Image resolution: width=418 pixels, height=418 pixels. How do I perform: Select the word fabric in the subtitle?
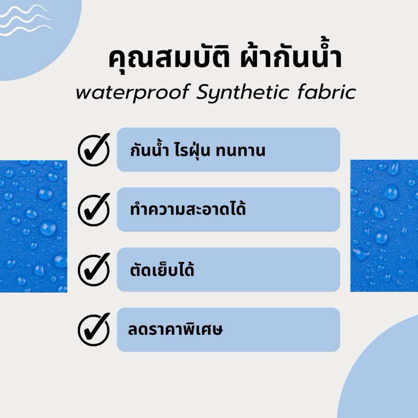tap(327, 92)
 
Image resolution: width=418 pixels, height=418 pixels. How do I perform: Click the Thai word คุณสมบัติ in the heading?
tap(169, 57)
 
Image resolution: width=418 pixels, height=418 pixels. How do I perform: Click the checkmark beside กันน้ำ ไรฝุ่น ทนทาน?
tap(94, 149)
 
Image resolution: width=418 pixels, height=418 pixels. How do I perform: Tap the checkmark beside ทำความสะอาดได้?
tap(94, 210)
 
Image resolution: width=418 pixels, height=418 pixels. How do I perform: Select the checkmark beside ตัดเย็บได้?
tap(94, 270)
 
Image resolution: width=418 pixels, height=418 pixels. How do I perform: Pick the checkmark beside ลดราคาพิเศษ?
tap(94, 330)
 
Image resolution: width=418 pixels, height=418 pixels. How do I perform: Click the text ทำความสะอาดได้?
tap(188, 208)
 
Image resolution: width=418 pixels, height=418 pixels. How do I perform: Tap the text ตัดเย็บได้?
tap(162, 269)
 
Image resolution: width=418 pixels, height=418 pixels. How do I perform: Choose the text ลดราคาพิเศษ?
tap(175, 330)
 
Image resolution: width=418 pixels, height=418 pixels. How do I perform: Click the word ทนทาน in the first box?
tap(240, 150)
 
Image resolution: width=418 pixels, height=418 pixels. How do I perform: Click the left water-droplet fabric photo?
tap(33, 226)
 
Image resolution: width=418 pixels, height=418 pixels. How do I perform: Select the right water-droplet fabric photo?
tap(384, 226)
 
